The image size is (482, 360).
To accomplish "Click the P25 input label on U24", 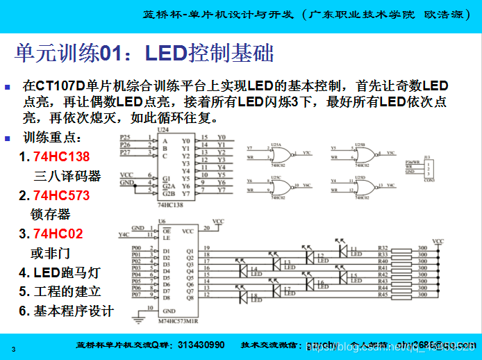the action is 125,137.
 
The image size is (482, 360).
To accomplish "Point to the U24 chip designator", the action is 163,130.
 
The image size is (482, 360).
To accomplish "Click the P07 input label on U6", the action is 136,295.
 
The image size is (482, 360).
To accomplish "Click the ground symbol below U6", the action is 141,317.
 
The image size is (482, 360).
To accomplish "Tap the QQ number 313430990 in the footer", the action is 201,345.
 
